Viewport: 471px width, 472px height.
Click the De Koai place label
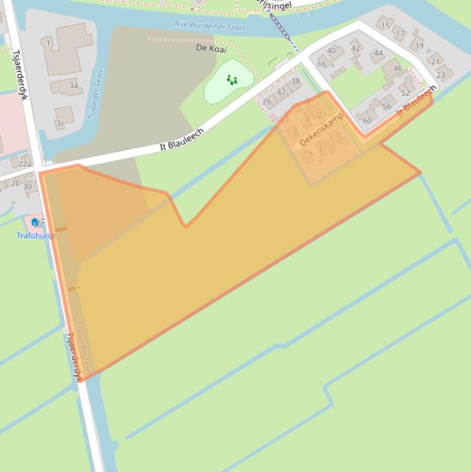[211, 48]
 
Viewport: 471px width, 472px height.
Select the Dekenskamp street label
[321, 130]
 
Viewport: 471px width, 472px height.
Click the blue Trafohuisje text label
[36, 235]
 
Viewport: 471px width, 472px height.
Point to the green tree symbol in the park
[232, 80]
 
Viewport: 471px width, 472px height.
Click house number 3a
[73, 85]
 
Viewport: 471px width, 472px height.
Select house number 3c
[60, 123]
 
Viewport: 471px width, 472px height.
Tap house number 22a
[24, 164]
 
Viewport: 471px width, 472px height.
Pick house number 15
[385, 26]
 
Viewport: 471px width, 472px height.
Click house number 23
[440, 75]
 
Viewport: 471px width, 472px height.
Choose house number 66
[322, 64]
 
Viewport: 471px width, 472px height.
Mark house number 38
[296, 82]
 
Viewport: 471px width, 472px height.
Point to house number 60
[367, 120]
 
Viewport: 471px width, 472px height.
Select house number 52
[405, 93]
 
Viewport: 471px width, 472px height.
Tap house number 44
[379, 53]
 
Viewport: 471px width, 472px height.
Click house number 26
[266, 102]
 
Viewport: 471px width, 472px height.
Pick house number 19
[420, 46]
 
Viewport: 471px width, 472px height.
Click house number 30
[27, 186]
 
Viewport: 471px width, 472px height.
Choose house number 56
[386, 107]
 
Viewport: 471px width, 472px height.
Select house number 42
[356, 48]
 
